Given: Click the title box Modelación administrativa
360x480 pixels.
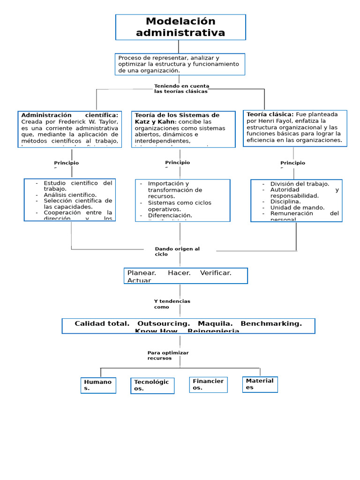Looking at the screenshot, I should [x=180, y=27].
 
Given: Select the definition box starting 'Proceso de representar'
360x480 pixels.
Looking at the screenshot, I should [x=180, y=64].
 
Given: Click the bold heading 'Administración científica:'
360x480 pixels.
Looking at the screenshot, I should [x=70, y=115].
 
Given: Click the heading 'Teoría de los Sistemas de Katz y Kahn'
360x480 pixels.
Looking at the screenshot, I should [x=177, y=118].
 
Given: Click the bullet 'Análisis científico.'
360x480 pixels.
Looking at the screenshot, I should [x=70, y=195].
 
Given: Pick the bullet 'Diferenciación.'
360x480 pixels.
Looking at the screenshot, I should [x=170, y=216].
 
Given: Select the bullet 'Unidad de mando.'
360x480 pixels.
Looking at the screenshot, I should [x=297, y=207].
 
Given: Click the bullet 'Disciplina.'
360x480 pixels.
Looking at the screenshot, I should [x=285, y=202].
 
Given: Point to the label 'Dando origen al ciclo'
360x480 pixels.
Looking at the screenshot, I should [x=177, y=252].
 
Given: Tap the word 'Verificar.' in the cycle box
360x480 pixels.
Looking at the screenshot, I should [x=216, y=273].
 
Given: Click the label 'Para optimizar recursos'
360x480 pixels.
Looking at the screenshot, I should [x=168, y=355].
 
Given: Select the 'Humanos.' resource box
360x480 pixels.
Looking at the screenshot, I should [x=98, y=385].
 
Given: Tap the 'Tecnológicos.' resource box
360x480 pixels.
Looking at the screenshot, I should [x=152, y=385].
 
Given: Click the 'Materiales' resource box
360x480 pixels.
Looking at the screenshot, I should [x=260, y=384].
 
